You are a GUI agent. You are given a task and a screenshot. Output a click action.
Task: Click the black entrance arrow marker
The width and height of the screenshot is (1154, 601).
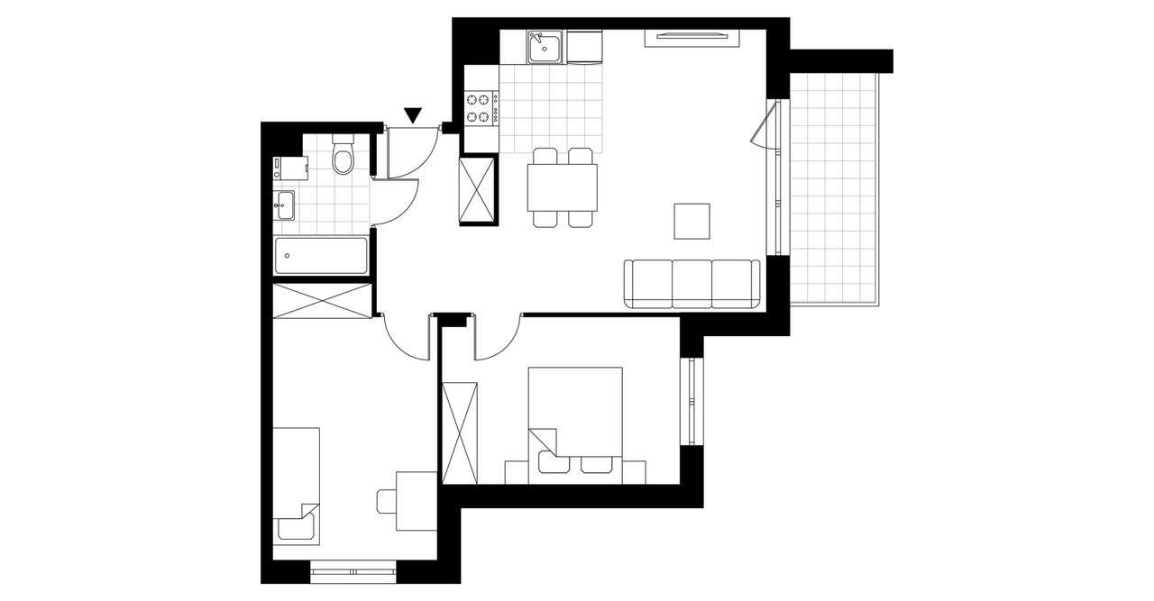413,114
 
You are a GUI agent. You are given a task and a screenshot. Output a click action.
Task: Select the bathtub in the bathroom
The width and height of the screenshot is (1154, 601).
321,256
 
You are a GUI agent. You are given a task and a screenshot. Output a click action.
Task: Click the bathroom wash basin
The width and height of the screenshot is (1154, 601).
284,205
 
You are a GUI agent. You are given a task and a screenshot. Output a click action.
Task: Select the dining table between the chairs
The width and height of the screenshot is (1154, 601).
563,187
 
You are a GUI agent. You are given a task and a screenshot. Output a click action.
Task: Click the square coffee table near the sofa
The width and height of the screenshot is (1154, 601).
691,221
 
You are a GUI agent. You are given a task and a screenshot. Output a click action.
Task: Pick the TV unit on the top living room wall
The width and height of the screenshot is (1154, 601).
692,37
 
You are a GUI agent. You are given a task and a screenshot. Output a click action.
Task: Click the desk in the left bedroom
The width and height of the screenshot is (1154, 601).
417,501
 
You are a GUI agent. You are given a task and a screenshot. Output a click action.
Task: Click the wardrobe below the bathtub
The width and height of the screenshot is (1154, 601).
322,300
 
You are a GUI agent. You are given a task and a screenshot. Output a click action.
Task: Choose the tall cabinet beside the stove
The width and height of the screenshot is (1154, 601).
478,189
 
